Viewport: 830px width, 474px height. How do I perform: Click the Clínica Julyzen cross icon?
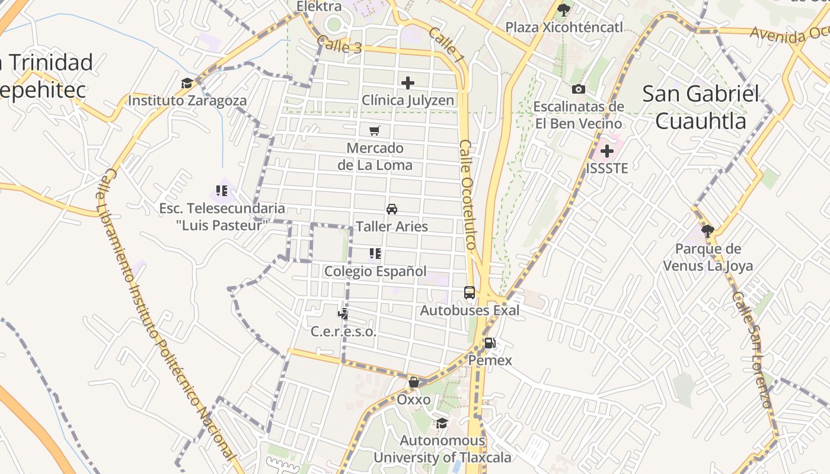click(408, 83)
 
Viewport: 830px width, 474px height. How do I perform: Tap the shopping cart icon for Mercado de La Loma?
click(374, 130)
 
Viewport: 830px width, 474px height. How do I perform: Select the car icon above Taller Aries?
click(391, 209)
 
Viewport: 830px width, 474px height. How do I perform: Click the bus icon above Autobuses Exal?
click(470, 293)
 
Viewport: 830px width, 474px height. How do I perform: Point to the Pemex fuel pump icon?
click(490, 343)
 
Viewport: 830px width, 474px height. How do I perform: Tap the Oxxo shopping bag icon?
click(414, 382)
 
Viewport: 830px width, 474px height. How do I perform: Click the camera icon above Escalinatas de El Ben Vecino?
click(578, 89)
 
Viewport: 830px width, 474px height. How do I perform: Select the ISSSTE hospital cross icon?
click(606, 150)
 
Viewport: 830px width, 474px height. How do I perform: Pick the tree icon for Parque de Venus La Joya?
click(707, 230)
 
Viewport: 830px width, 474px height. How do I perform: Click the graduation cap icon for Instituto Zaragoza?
click(187, 84)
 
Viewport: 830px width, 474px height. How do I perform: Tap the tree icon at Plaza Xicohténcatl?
click(564, 10)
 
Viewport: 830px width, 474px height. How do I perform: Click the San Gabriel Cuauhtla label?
click(701, 107)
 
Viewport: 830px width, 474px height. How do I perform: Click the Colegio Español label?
click(375, 271)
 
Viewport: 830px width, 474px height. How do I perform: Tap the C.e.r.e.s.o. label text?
click(344, 332)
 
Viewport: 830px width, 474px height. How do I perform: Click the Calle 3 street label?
click(339, 44)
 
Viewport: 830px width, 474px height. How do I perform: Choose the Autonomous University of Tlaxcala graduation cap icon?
click(442, 423)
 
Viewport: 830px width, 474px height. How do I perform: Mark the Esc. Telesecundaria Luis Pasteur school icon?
click(222, 191)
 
